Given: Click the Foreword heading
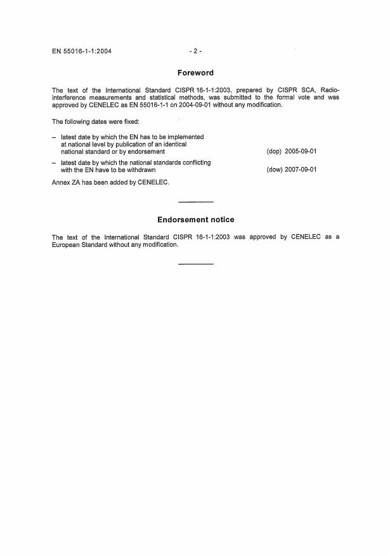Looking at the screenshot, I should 195,73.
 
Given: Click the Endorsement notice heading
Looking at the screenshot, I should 195,220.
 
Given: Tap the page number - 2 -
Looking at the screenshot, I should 195,51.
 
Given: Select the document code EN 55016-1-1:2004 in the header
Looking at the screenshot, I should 82,51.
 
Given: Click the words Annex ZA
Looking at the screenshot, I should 68,182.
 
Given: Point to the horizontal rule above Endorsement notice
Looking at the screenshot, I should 195,202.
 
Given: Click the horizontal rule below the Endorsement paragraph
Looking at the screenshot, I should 195,263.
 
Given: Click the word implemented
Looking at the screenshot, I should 183,137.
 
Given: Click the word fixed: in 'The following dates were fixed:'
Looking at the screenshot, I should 122,121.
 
